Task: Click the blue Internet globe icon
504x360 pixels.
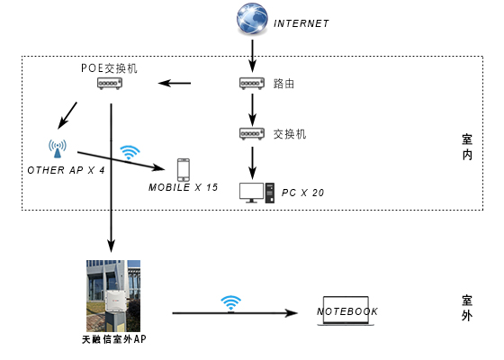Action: pos(252,18)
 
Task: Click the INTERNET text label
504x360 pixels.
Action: pos(301,23)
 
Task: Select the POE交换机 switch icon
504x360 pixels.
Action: pos(110,83)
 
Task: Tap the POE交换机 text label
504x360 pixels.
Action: pos(109,68)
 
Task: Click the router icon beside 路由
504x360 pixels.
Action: pos(252,83)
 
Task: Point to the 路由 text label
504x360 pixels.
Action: pos(283,84)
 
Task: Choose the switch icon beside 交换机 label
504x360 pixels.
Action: pos(252,134)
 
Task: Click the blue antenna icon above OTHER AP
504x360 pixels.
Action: pos(58,148)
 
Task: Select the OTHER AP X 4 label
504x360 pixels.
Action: pos(67,170)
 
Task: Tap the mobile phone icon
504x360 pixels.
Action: pos(184,170)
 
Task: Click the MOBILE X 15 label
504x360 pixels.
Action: pos(184,187)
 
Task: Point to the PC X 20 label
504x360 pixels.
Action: pos(302,193)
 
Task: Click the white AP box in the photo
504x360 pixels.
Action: pos(116,301)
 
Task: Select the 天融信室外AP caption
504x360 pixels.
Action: pos(114,339)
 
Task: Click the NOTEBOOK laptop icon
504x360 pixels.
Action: pos(346,310)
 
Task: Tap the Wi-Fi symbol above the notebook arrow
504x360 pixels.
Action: pos(230,303)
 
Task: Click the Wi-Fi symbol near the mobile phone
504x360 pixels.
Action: pos(130,152)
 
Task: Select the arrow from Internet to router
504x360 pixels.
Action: pos(252,56)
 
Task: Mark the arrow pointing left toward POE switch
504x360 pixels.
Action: pos(175,83)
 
